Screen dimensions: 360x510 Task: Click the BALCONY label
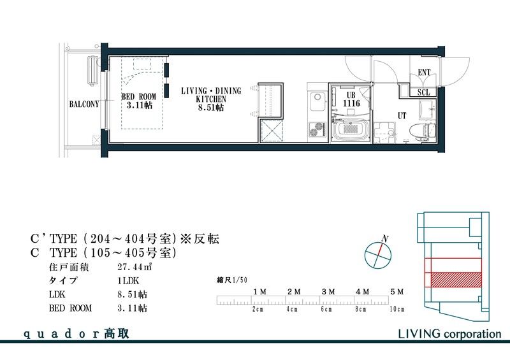tap(84, 104)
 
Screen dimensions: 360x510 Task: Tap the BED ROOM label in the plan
tap(138, 100)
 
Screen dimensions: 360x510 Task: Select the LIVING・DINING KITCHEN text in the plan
tap(211, 99)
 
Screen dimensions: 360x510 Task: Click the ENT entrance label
tap(424, 73)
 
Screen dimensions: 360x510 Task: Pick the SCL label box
tap(424, 92)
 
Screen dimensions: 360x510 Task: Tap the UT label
tap(402, 115)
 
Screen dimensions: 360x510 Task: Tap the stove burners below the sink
tap(317, 129)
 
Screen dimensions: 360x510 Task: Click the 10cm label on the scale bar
tap(397, 309)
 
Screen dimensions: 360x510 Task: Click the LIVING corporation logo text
tap(449, 333)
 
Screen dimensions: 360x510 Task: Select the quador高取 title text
tap(76, 333)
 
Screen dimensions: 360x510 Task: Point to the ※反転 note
tap(200, 239)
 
